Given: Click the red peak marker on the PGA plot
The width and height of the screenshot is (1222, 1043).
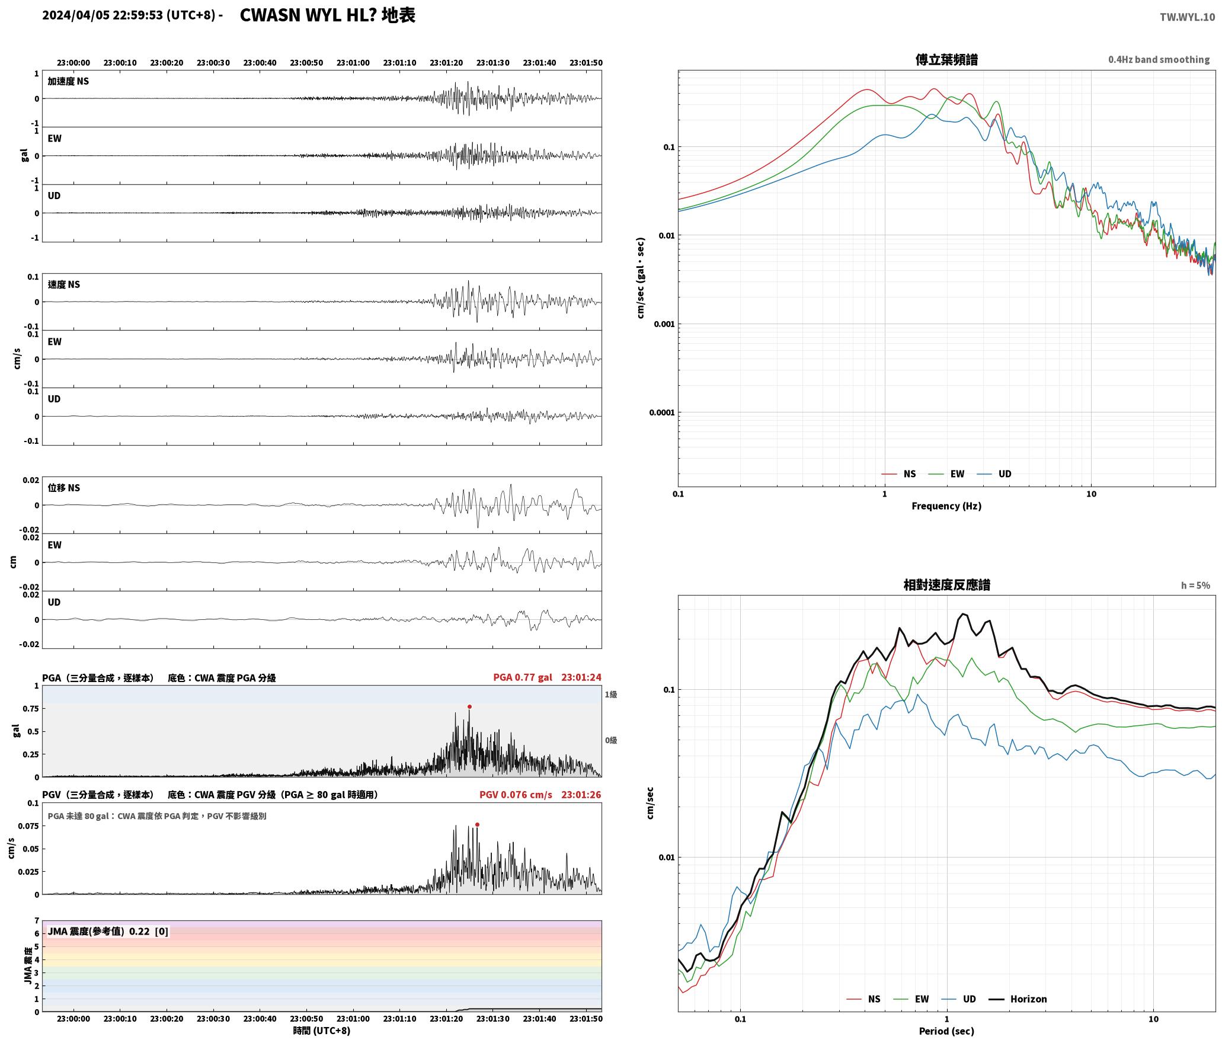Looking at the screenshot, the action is (x=469, y=706).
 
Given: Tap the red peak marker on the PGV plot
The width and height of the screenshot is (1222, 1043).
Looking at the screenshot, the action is (x=477, y=824).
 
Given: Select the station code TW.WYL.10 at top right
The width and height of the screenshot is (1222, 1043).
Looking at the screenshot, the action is (x=1187, y=17).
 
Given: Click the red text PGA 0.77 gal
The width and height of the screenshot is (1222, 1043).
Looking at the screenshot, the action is (x=522, y=677).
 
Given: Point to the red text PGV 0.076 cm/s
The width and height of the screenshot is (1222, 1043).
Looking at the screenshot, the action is (x=516, y=795).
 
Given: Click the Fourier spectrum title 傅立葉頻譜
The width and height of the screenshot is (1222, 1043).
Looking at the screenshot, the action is (x=946, y=59).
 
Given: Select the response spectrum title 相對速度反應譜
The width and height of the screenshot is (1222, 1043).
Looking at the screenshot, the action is (x=946, y=585).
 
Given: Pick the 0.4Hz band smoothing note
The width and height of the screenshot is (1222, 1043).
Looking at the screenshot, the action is (x=1159, y=60).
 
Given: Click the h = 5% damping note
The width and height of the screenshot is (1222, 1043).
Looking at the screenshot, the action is (x=1195, y=586).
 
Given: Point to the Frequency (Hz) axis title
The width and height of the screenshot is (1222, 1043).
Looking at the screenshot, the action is (x=946, y=506).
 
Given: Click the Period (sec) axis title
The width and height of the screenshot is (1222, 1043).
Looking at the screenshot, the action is (x=946, y=1031).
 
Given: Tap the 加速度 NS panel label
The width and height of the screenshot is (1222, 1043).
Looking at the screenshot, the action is (x=68, y=81).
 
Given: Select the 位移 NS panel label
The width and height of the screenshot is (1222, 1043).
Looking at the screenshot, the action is (x=63, y=488).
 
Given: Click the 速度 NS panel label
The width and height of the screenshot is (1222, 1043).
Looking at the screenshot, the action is (x=63, y=284).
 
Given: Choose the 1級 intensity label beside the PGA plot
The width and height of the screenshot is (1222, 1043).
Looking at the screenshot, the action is (x=611, y=695).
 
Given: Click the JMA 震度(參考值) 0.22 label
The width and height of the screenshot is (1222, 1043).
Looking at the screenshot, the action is (x=108, y=932).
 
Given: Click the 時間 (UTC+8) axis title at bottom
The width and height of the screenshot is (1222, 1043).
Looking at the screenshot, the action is (x=321, y=1031).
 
